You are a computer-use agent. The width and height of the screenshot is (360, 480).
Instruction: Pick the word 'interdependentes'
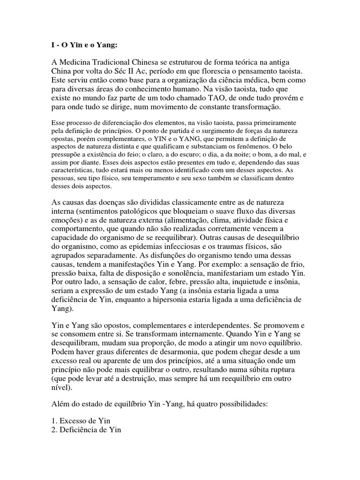pos(216,325)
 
